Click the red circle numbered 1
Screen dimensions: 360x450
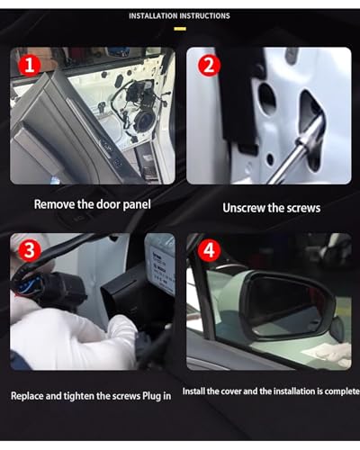[x=30, y=65]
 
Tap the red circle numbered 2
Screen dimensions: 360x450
[x=209, y=65]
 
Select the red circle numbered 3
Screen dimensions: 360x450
[x=30, y=249]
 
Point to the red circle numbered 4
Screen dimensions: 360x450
[x=209, y=249]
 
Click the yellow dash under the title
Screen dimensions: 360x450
[x=180, y=29]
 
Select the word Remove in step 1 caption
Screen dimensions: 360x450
[x=54, y=204]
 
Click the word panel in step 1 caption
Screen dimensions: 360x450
[x=137, y=205]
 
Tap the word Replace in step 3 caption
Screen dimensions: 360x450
[x=27, y=396]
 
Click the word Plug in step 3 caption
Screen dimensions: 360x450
[x=151, y=396]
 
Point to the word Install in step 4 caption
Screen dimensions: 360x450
[x=193, y=391]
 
